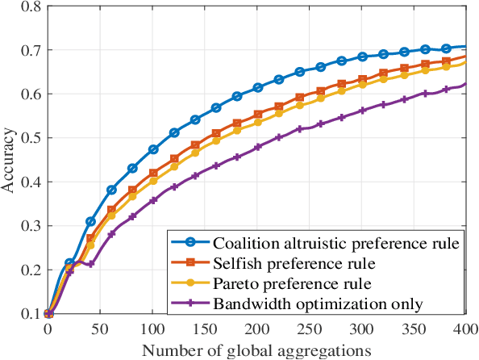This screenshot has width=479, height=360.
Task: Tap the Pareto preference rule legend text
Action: [281, 283]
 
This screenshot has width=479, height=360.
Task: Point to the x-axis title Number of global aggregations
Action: [257, 350]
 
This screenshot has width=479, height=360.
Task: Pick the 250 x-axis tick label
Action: [310, 329]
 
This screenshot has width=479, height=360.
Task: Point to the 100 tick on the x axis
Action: [153, 329]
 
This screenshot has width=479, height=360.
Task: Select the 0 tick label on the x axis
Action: [48, 329]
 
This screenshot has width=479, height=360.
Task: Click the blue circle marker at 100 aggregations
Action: [153, 149]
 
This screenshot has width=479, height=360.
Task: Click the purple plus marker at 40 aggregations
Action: [90, 263]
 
